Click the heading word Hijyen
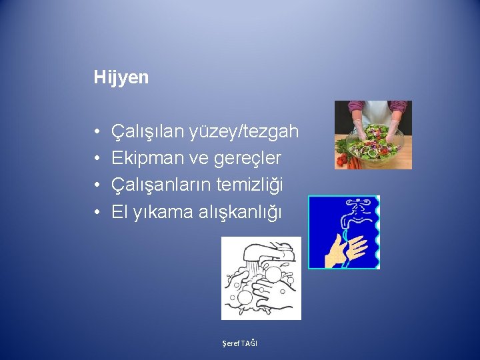click(121, 77)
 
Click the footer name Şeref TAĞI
click(240, 343)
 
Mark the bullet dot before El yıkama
click(97, 213)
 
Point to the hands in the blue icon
click(347, 250)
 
